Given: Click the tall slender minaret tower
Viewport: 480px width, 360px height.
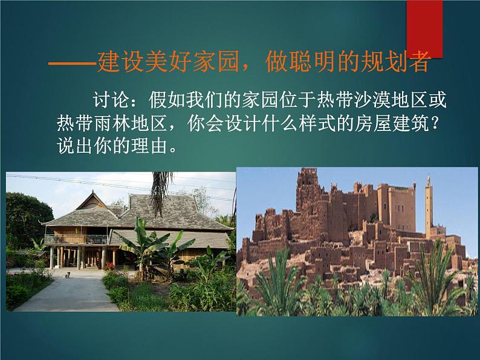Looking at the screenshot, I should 429,205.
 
